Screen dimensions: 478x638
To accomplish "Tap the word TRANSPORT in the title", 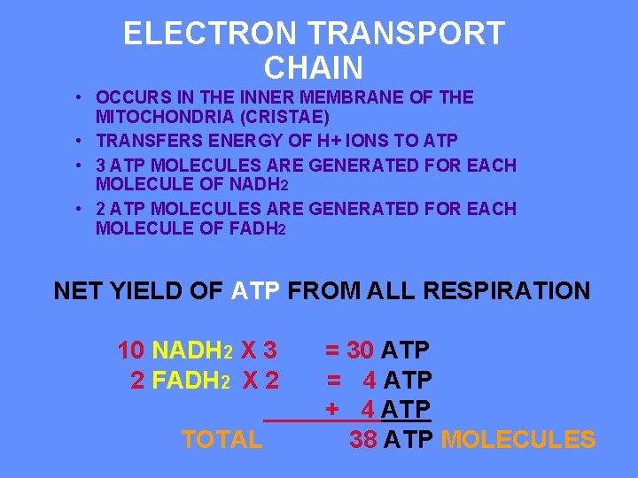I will tap(407, 35).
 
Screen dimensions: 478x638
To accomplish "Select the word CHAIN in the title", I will tap(314, 68).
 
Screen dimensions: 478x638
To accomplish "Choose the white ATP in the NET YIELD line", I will tap(256, 290).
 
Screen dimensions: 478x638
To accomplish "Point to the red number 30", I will tap(361, 351).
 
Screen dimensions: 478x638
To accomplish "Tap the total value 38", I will tap(363, 439).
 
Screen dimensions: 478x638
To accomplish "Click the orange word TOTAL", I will tap(222, 439).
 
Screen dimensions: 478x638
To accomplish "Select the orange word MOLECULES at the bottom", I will tap(518, 439).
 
